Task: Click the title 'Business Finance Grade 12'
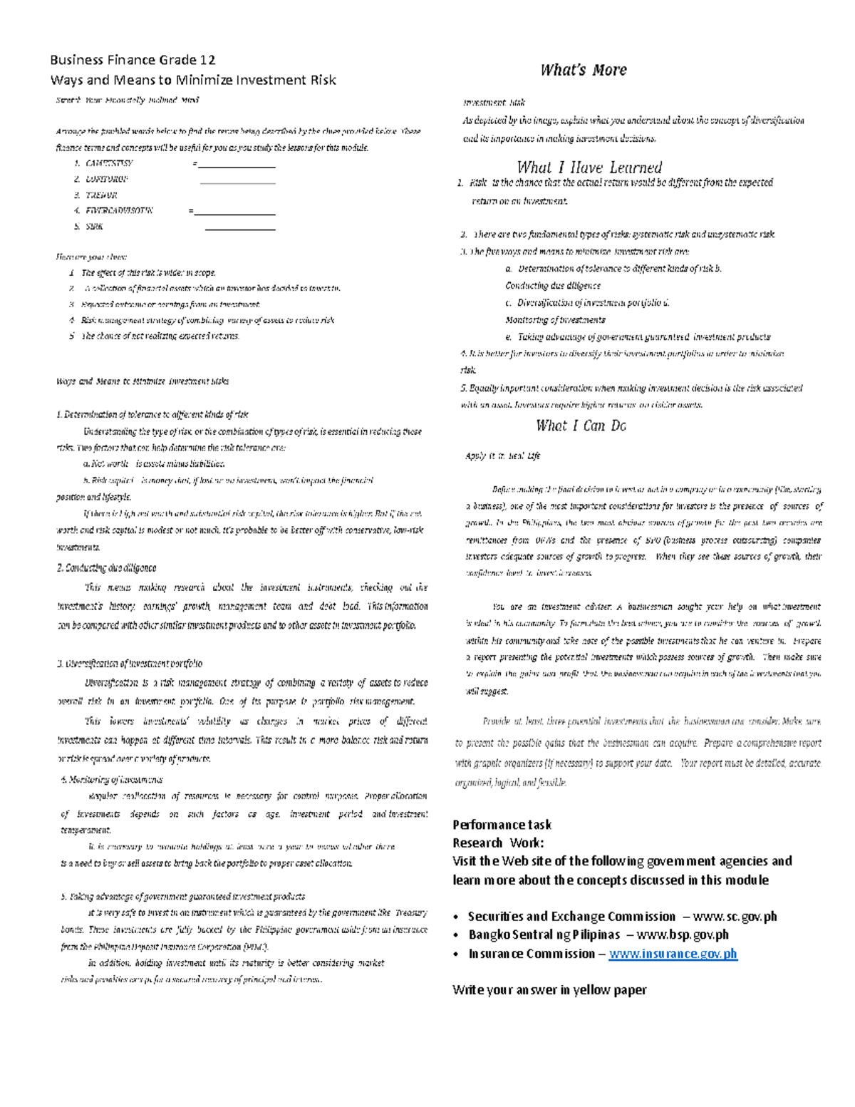pyautogui.click(x=133, y=60)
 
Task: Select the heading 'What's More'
pyautogui.click(x=583, y=70)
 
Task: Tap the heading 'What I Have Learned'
pyautogui.click(x=589, y=168)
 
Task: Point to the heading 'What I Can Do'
pyautogui.click(x=581, y=426)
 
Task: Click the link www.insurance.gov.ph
pyautogui.click(x=673, y=954)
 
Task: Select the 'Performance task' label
pyautogui.click(x=502, y=825)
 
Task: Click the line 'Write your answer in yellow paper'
pyautogui.click(x=549, y=989)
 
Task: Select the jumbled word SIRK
pyautogui.click(x=94, y=227)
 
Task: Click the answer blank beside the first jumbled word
pyautogui.click(x=237, y=165)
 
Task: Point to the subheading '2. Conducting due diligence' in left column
pyautogui.click(x=106, y=568)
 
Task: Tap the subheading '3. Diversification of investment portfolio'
pyautogui.click(x=130, y=664)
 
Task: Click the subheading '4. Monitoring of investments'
pyautogui.click(x=112, y=780)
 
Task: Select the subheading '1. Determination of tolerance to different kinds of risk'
pyautogui.click(x=152, y=415)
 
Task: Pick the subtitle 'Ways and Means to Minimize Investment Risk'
pyautogui.click(x=193, y=80)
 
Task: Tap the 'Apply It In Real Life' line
pyautogui.click(x=502, y=456)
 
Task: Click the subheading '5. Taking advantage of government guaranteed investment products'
pyautogui.click(x=183, y=897)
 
